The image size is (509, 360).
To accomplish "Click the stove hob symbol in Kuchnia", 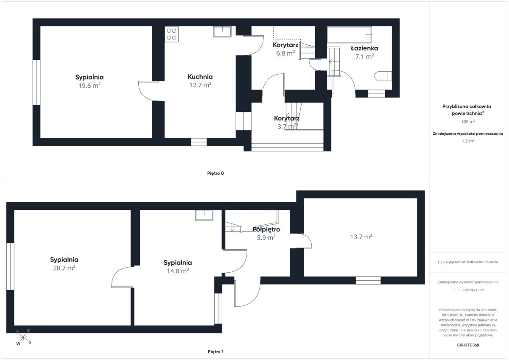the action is coord(171,34).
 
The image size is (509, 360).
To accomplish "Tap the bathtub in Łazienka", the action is coord(350,35).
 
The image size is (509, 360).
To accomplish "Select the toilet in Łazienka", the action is coord(383,76).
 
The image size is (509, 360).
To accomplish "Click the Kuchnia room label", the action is coord(200,77).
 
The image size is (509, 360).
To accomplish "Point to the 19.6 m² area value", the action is coord(89,85).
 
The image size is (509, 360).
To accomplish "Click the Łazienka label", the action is coord(364,48).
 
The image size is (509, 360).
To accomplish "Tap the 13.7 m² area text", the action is coord(361,237).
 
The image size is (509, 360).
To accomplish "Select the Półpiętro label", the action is coord(266,229).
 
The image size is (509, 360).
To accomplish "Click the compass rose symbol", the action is coord(23,337).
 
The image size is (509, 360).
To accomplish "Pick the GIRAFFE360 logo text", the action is coord(468,345).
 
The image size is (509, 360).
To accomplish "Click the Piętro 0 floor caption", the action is coord(215,173).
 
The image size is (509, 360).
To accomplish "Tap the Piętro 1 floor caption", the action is coord(215,352).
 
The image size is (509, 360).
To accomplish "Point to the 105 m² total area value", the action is coord(468,122).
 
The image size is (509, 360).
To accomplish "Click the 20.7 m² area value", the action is coord(64,268).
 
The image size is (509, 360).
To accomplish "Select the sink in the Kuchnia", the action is coord(222,31).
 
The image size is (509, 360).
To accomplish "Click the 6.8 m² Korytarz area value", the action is coord(285,53).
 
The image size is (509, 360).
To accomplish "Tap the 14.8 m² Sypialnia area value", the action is coord(178,271).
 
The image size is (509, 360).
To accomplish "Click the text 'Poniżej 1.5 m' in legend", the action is coord(474,290).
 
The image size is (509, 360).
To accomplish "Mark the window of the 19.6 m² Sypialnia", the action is coord(36,82).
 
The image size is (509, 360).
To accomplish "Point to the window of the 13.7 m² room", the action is coord(368,280).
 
